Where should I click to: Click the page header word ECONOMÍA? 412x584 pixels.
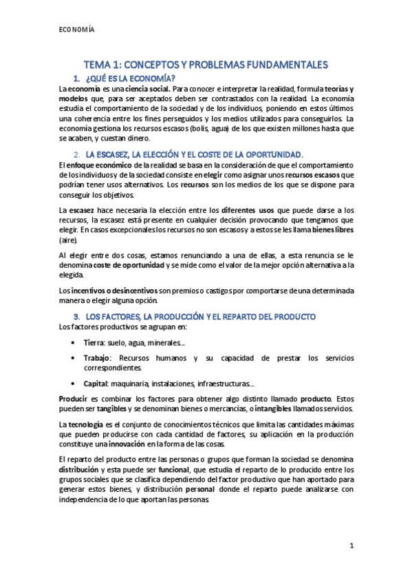coord(76,30)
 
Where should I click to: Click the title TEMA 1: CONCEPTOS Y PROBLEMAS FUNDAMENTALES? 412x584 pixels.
coord(206,64)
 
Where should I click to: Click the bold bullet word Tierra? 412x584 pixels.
coord(94,342)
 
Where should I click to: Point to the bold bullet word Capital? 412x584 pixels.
coord(97,384)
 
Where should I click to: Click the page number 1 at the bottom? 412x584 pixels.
coord(351,546)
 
